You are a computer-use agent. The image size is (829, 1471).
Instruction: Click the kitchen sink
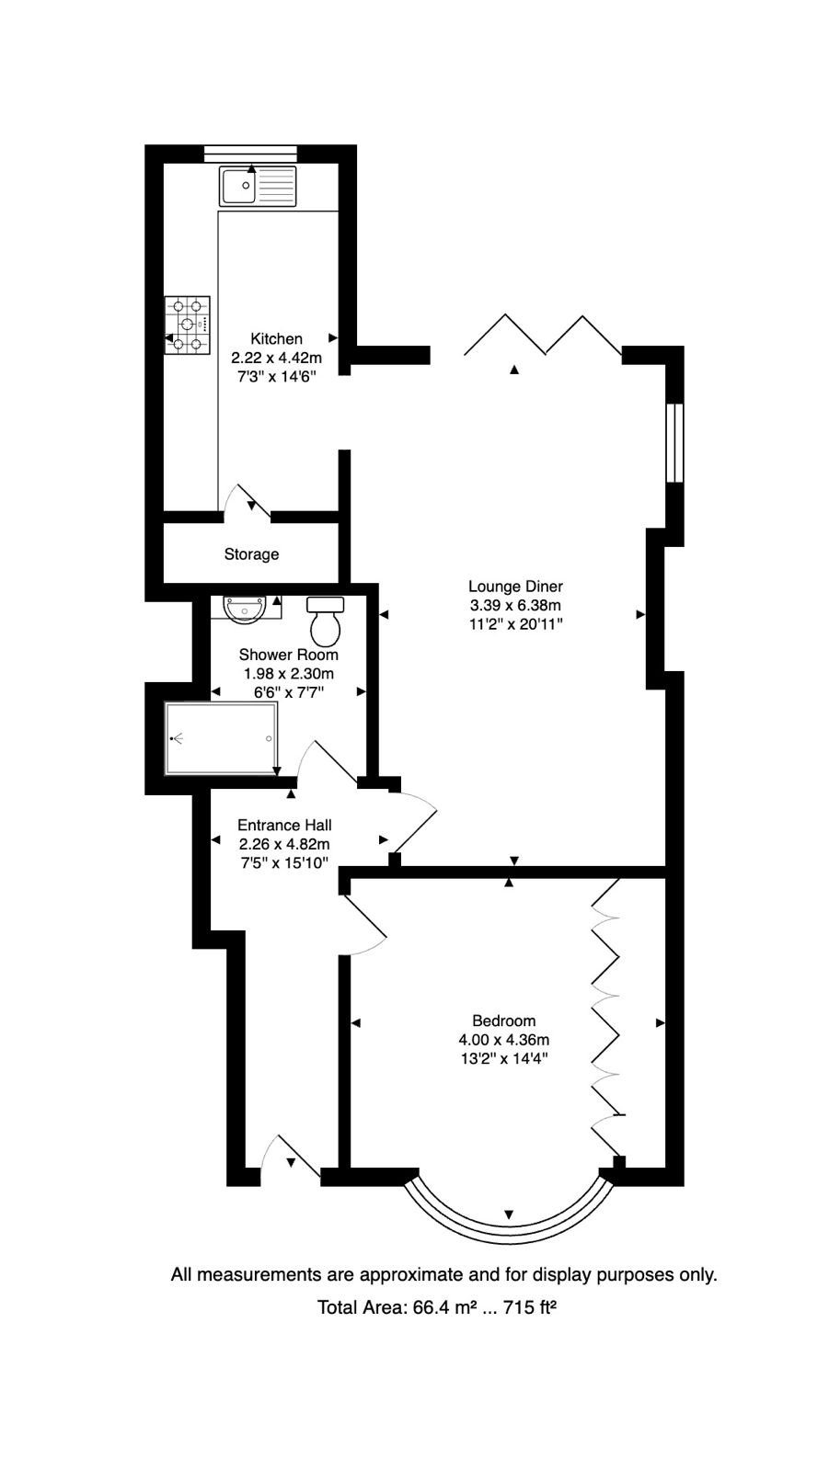[x=258, y=186]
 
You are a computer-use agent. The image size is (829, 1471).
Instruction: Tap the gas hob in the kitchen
[x=188, y=325]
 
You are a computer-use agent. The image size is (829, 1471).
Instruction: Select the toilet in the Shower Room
[x=326, y=621]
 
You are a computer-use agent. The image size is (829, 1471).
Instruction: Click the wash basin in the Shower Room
[x=245, y=608]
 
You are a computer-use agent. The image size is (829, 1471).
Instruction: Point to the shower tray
[x=221, y=739]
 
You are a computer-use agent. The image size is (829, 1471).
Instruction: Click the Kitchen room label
[x=276, y=339]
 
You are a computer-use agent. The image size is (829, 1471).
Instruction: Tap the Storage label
[x=251, y=554]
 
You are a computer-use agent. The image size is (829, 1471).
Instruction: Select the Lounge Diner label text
[x=515, y=587]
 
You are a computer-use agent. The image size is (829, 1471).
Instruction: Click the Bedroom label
[x=503, y=1021]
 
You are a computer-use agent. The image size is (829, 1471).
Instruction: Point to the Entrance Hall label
[x=284, y=826]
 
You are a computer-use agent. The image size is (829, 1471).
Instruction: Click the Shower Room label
[x=288, y=655]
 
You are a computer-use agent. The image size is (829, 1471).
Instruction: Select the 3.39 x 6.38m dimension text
[x=515, y=606]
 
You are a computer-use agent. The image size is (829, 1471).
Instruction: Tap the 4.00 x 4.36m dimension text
[x=503, y=1040]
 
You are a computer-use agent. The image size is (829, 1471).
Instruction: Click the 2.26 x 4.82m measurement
[x=284, y=845]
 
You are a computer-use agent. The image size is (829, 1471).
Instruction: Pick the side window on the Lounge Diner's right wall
[x=674, y=443]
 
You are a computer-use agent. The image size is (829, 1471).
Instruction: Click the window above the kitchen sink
[x=250, y=154]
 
